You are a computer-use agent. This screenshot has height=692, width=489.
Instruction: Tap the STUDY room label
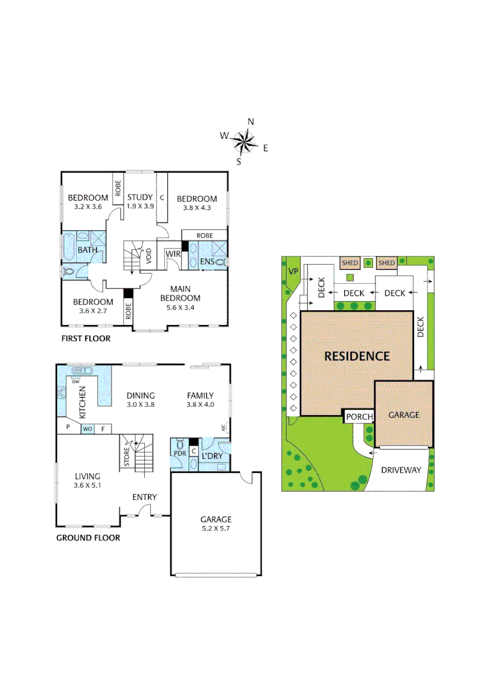[140, 198]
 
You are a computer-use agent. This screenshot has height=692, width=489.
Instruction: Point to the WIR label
[172, 254]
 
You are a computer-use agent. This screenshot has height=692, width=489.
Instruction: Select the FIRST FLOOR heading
[85, 338]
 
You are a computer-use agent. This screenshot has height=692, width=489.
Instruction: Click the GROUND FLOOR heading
[88, 538]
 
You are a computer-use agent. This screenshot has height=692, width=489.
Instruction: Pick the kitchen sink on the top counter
[82, 370]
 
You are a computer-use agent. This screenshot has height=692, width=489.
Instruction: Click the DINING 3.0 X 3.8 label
[140, 400]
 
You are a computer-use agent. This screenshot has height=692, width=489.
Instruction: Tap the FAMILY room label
[200, 395]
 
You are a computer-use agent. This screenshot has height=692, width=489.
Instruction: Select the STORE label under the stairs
[126, 456]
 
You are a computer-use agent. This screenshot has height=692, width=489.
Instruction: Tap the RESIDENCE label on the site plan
[356, 356]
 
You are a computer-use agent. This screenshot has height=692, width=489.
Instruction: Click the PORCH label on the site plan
[359, 417]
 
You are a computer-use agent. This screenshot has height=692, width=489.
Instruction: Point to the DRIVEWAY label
[401, 470]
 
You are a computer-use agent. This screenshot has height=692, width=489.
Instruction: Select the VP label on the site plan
[294, 271]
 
